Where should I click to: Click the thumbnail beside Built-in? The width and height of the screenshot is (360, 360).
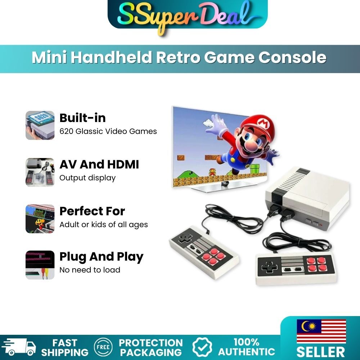click(40, 125)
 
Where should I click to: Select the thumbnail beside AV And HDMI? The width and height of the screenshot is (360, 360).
click(40, 172)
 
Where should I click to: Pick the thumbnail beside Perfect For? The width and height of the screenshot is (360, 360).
click(40, 219)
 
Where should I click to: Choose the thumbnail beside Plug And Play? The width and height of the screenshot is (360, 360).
click(40, 265)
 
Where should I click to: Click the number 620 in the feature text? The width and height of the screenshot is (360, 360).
click(66, 131)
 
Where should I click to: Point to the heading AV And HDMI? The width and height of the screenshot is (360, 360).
click(99, 165)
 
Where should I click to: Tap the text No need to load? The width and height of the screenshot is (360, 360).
click(90, 270)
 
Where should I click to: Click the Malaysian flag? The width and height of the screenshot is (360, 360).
click(321, 331)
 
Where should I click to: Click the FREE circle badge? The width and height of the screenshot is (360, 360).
click(103, 347)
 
